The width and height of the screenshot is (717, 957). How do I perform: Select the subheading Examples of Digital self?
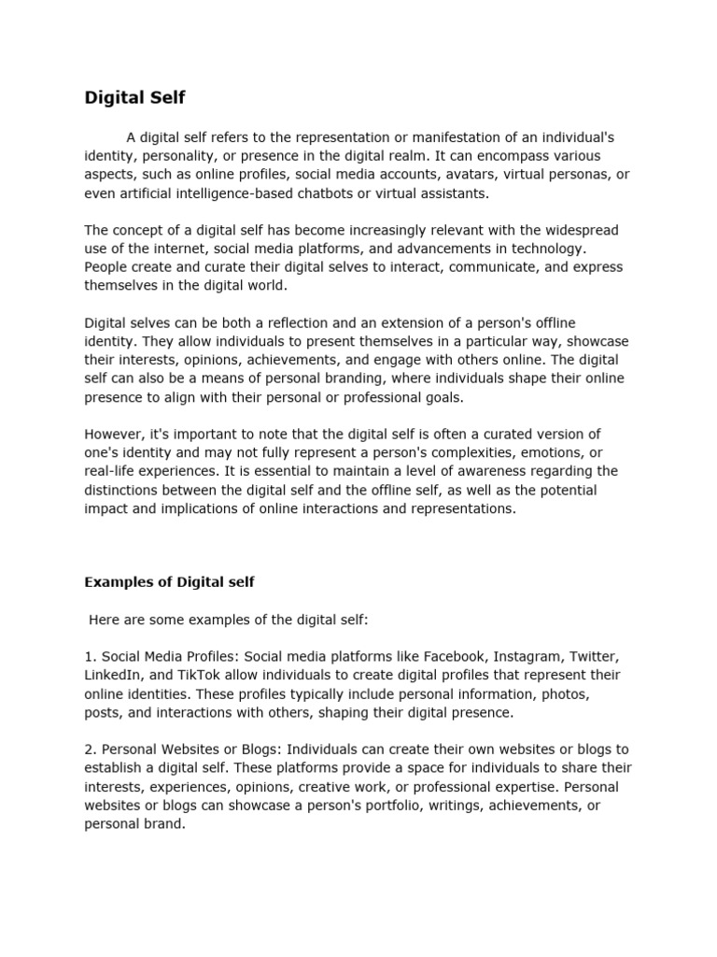click(x=169, y=581)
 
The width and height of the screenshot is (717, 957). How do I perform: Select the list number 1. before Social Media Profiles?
click(x=91, y=656)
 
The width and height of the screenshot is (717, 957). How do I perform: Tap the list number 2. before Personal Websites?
click(x=91, y=750)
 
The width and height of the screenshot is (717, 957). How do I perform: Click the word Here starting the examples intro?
click(x=104, y=619)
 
